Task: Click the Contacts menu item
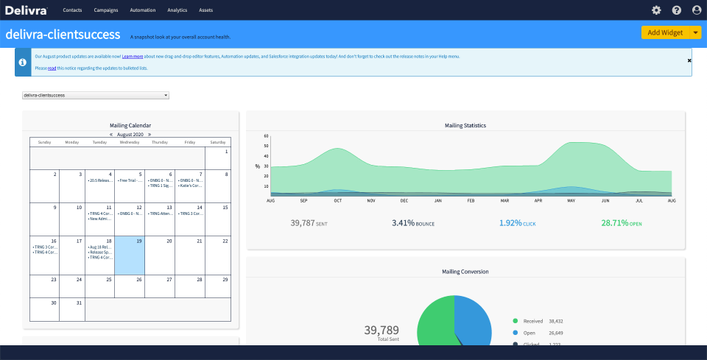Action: [x=72, y=10]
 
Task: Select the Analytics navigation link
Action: [x=177, y=10]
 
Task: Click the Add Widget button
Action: [x=665, y=32]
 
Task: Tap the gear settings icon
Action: [x=656, y=10]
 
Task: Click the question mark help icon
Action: [x=677, y=10]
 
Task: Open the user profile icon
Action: [x=697, y=10]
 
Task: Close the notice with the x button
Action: [x=689, y=60]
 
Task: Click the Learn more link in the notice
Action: [x=133, y=56]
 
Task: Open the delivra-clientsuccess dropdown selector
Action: [x=96, y=95]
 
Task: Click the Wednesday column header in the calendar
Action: [x=130, y=142]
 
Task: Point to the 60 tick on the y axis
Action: [x=266, y=136]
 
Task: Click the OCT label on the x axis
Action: [x=337, y=200]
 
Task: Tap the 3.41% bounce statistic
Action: [x=412, y=222]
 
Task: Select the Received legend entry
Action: [x=532, y=321]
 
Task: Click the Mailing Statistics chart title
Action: [x=465, y=125]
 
